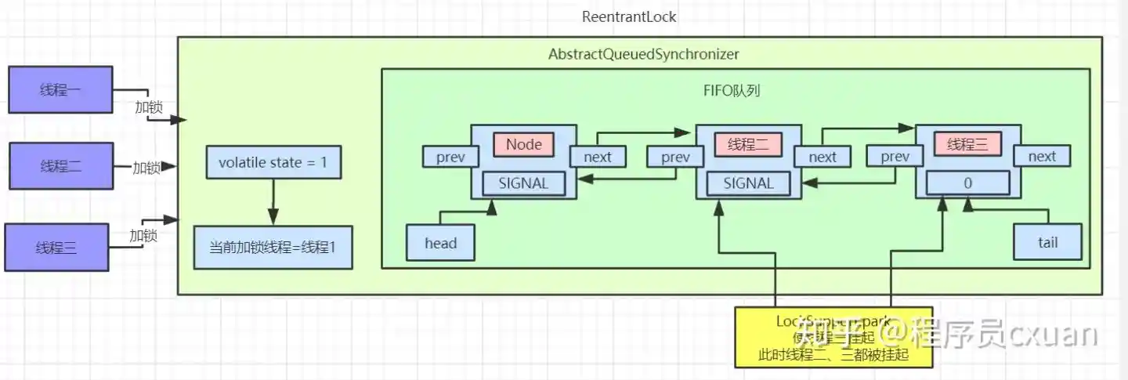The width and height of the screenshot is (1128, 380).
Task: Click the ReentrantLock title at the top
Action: coord(629,16)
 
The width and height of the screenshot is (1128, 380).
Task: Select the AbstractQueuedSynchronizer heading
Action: coord(643,54)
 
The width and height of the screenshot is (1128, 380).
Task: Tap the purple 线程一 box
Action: coord(60,90)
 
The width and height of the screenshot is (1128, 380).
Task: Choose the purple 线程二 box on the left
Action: coord(61,166)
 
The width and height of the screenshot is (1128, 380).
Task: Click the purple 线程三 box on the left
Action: coord(56,248)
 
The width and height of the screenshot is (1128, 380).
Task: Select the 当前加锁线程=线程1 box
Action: coord(273,247)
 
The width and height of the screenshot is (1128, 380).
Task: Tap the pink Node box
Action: coord(523,144)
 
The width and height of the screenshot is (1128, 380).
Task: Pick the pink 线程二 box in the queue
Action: coord(748,144)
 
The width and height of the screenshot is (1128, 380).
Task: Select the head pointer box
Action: coord(440,243)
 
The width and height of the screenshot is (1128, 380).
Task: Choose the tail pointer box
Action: coord(1047,242)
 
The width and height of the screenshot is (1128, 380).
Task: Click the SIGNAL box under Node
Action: coord(524,183)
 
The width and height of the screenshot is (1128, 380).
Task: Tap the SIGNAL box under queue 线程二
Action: coord(748,183)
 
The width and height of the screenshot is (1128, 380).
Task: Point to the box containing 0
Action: coord(968,183)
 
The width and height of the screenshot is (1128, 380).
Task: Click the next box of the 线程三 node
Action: coord(1042,156)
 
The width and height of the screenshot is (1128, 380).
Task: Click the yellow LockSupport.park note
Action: coord(833,337)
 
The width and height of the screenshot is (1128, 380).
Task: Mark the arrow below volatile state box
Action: coord(273,202)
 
